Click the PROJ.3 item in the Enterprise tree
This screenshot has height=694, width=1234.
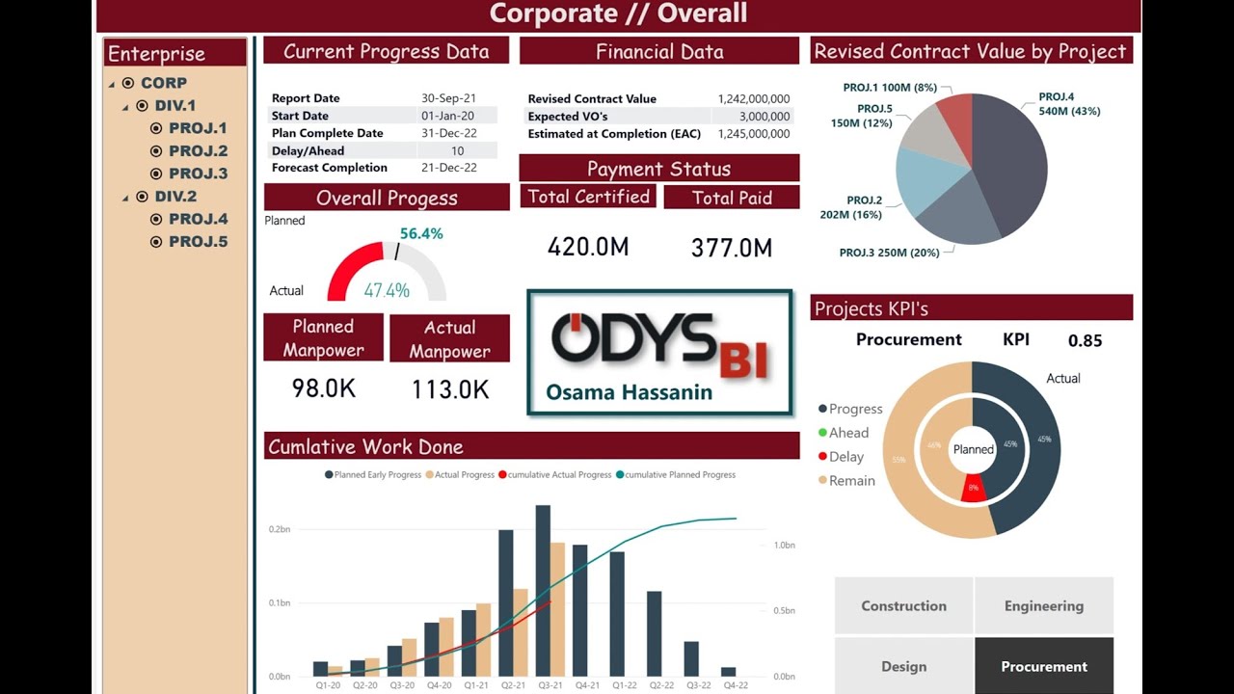pos(198,173)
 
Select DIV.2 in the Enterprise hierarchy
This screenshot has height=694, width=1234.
pos(175,197)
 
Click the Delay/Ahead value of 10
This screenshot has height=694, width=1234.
pos(457,150)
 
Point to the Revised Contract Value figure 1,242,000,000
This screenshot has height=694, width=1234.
pos(753,98)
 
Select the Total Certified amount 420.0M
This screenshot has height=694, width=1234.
pos(588,247)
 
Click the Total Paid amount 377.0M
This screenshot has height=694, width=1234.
pos(732,248)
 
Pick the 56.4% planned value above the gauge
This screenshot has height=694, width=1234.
pos(421,233)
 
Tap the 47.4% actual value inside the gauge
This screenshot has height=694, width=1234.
pos(387,290)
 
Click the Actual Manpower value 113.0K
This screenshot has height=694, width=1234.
pos(450,389)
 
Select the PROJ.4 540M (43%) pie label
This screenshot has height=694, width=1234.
pos(1069,104)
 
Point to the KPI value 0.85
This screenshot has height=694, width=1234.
pos(1085,340)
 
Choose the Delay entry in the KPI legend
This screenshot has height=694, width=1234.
pos(846,457)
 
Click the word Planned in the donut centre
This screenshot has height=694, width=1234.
pos(973,449)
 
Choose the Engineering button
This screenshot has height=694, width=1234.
pos(1044,606)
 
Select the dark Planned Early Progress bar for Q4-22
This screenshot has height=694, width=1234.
pos(728,672)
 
